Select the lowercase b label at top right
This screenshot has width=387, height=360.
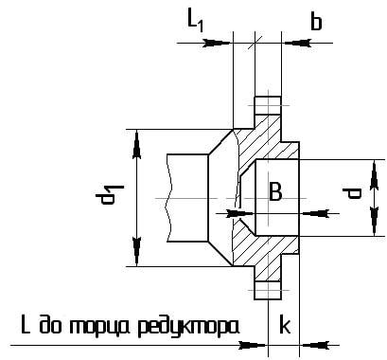316,22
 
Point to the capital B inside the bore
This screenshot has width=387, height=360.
274,193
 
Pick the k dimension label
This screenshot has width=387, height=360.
284,325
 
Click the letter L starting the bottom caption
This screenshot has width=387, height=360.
27,325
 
